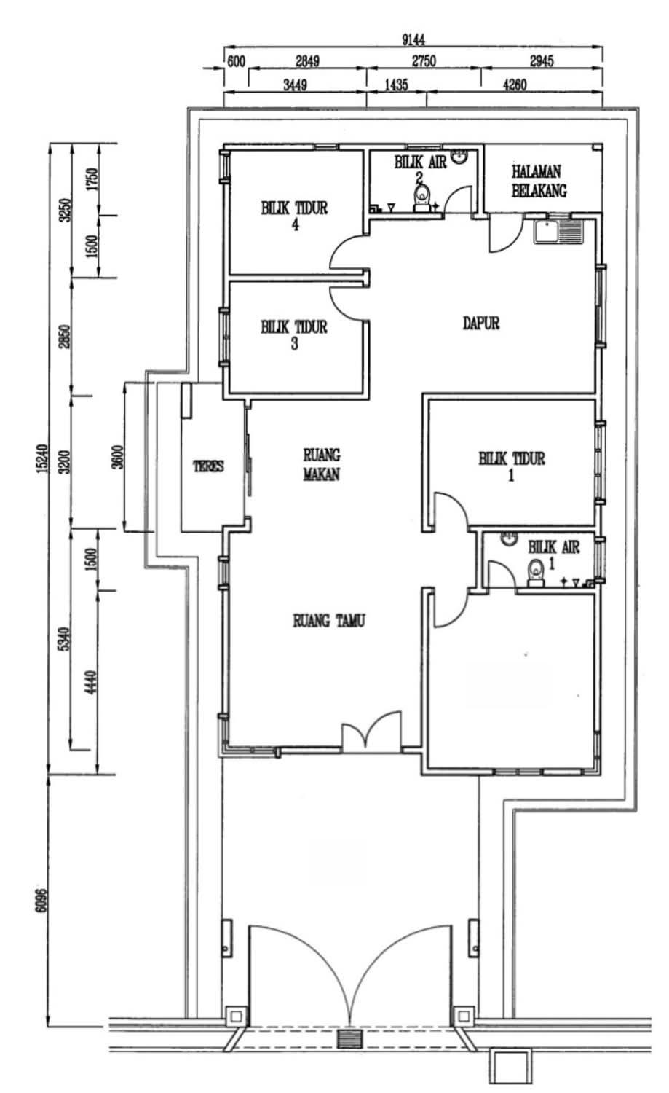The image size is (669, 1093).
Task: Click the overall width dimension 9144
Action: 413,39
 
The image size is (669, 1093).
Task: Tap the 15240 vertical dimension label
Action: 41,458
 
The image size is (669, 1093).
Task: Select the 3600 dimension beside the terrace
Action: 117,457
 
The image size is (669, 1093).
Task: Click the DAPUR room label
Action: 481,323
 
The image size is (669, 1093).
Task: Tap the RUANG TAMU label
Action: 328,621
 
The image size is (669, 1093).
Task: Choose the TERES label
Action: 208,466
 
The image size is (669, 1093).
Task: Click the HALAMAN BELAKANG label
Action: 539,181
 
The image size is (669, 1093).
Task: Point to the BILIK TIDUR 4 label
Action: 295,216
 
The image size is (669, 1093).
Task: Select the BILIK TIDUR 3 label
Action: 294,334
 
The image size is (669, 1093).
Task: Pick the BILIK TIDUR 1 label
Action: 512,466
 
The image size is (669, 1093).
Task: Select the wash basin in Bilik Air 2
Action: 459,156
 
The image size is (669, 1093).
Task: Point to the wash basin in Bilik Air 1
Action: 507,538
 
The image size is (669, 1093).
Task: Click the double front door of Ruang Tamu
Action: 371,731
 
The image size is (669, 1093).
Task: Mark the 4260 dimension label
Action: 515,85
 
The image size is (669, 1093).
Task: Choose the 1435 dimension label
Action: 396,85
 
